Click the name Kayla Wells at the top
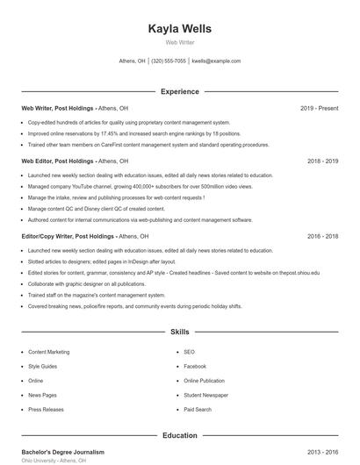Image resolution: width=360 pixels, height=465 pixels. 180,28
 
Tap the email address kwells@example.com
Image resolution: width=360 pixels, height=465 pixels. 216,61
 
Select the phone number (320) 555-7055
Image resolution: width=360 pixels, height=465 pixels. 169,61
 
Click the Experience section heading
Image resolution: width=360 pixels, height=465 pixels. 180,91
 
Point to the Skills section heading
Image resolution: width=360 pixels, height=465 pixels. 180,333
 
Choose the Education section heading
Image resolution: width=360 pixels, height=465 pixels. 180,435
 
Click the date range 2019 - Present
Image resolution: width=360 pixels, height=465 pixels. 319,108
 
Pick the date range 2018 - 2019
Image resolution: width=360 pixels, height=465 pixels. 322,161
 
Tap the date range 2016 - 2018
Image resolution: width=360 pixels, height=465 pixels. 322,236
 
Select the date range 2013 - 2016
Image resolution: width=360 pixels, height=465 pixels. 322,452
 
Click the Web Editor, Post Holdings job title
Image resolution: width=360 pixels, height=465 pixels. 58,161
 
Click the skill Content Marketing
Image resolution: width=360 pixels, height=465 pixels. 48,352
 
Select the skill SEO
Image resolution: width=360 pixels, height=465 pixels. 189,352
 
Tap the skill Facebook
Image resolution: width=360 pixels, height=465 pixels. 195,366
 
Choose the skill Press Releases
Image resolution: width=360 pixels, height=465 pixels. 46,409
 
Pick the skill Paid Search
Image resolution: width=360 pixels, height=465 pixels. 198,409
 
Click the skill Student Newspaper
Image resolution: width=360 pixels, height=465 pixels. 206,395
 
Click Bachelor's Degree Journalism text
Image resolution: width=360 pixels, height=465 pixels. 62,452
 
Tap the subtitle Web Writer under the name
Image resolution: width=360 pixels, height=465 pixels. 180,42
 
